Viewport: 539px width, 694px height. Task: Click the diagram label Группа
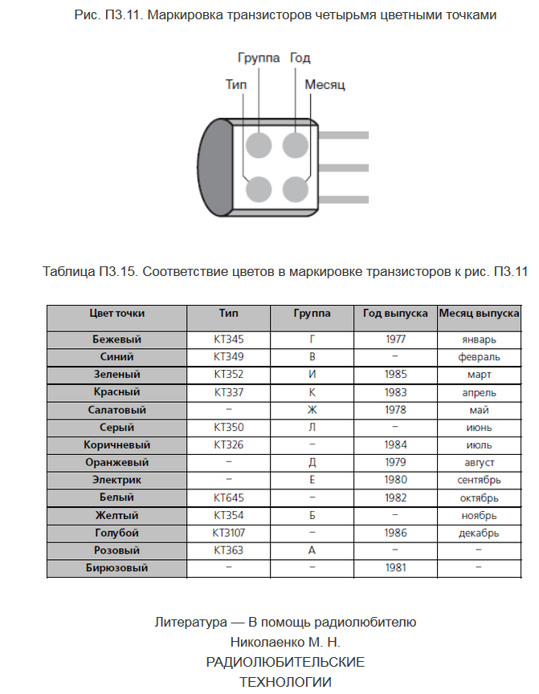click(x=259, y=59)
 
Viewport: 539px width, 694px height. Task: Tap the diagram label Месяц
click(x=325, y=84)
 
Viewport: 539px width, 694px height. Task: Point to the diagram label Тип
click(x=236, y=84)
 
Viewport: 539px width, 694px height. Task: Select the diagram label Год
click(x=300, y=59)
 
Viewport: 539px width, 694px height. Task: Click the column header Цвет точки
click(x=116, y=314)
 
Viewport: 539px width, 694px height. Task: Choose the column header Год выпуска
click(x=394, y=314)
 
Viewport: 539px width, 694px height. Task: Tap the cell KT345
click(x=228, y=339)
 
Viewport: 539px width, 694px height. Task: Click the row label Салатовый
click(x=116, y=410)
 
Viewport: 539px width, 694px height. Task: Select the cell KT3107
click(x=228, y=533)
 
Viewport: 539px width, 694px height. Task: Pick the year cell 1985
click(x=394, y=375)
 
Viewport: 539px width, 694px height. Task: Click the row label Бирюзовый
click(x=116, y=568)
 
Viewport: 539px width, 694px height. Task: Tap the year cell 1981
click(x=394, y=568)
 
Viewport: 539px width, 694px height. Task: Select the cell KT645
click(x=228, y=497)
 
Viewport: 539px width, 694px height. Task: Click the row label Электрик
click(x=116, y=481)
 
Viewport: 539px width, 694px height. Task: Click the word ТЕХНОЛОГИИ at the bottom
click(x=285, y=682)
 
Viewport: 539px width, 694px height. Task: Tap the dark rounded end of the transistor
click(x=214, y=168)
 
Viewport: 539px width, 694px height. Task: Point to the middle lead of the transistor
click(x=343, y=168)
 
